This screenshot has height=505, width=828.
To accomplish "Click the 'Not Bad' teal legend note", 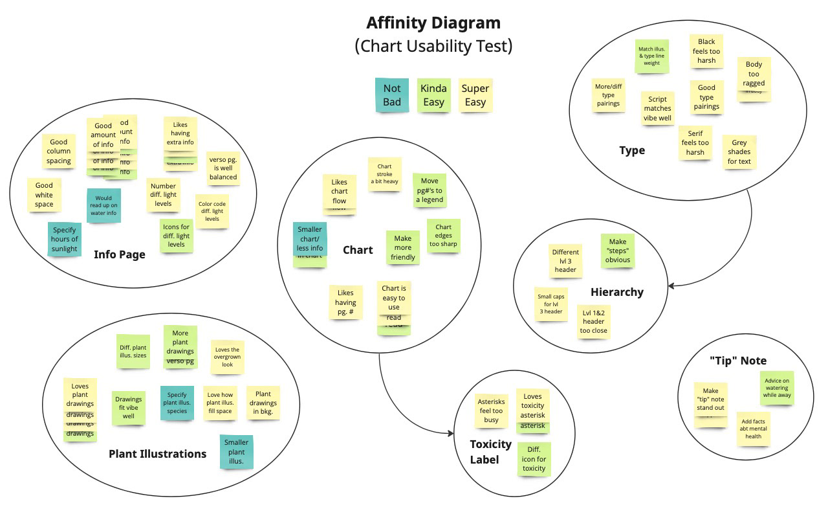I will coord(392,95).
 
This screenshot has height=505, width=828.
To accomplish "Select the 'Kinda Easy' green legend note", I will coord(433,95).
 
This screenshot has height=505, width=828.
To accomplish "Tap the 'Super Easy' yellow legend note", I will coord(475,95).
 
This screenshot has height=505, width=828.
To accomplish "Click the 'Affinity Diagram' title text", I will coord(433,23).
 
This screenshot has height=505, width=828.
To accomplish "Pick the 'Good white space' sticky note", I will coord(44,195).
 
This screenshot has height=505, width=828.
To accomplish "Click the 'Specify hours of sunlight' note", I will coord(65,239).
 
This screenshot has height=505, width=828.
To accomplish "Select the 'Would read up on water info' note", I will coord(103,205).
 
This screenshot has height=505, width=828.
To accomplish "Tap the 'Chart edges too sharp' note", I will coord(443,236).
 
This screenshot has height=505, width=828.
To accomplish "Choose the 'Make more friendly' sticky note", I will coord(402,248).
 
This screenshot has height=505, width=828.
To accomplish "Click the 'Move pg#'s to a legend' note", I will coord(430,190).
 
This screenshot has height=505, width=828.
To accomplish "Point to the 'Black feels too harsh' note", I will coord(706,51).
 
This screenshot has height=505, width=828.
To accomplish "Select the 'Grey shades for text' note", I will coord(739,152).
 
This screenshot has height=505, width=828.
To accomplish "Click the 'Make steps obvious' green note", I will coord(618,251).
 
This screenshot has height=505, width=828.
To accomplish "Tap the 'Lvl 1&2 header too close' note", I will coord(593,322).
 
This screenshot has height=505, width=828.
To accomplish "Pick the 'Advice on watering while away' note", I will coord(776,388).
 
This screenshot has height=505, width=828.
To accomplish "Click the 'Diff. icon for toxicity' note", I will coord(534,459).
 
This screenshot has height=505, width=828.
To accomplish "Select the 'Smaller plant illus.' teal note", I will coord(236,452).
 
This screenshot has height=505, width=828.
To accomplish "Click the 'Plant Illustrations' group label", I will coord(157,454).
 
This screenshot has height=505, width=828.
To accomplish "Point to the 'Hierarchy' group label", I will coord(616,292).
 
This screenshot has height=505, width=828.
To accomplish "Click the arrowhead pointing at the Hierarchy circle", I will coord(671,286).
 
